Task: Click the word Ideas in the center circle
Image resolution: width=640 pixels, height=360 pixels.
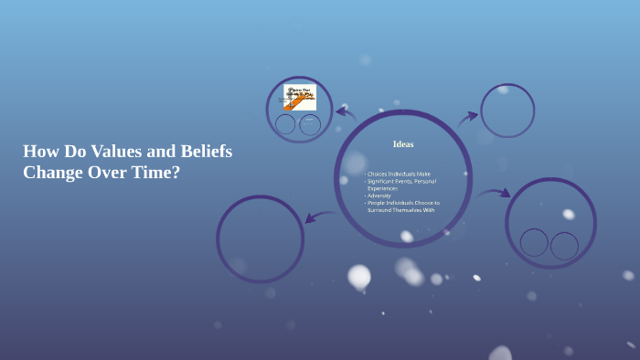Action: pos(403,144)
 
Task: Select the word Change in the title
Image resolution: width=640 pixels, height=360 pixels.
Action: pos(53,172)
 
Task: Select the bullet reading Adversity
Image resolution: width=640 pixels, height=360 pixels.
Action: pos(379,196)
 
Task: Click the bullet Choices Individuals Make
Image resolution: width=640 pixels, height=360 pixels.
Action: pos(399,174)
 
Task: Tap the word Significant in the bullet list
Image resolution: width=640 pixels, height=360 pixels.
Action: pos(384,181)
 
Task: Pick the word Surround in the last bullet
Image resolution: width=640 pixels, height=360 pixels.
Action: pos(382,210)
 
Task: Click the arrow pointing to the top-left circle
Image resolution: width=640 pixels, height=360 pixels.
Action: pos(345,113)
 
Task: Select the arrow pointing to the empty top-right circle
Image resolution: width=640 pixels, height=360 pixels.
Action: pos(468,117)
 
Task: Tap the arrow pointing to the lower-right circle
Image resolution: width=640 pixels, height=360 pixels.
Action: pos(494,194)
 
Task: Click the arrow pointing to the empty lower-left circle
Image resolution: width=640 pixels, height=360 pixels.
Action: pos(320,217)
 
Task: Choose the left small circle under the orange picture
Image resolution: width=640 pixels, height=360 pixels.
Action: pos(285,124)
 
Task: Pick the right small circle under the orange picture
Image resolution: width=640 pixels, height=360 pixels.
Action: pos(310,124)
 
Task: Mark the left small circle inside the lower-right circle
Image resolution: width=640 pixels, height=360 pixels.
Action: pos(534,242)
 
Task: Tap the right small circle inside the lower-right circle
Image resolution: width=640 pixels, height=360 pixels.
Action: pos(564,245)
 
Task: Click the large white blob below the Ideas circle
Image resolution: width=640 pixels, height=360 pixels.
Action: pos(359,275)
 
